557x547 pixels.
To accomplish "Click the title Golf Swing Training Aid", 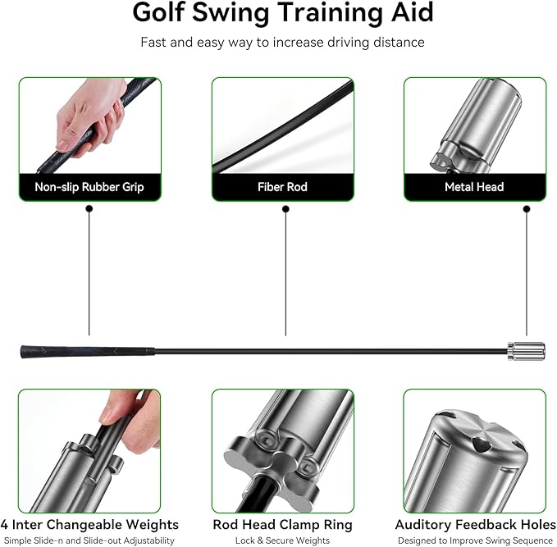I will (282, 13).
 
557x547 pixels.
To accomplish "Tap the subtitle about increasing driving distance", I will (282, 42).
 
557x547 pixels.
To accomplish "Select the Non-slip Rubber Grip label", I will (89, 187).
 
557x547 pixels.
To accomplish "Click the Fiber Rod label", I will (282, 187).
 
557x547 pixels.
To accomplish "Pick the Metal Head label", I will (474, 187).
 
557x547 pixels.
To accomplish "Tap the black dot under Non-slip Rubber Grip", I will (89, 209).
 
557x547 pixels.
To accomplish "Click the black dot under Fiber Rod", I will (285, 209).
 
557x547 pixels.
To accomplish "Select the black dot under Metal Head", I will (527, 209).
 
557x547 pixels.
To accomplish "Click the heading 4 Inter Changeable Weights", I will (89, 524).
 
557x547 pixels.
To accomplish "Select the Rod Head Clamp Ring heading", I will (282, 524).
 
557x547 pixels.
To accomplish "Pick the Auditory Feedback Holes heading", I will (475, 524).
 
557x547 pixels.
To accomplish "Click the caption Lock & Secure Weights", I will (282, 540).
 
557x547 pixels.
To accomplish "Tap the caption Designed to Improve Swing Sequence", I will (475, 540).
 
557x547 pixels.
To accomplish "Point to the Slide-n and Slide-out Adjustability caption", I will (89, 540).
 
